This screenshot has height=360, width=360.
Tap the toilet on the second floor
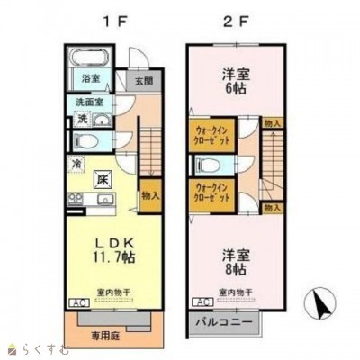207,164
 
